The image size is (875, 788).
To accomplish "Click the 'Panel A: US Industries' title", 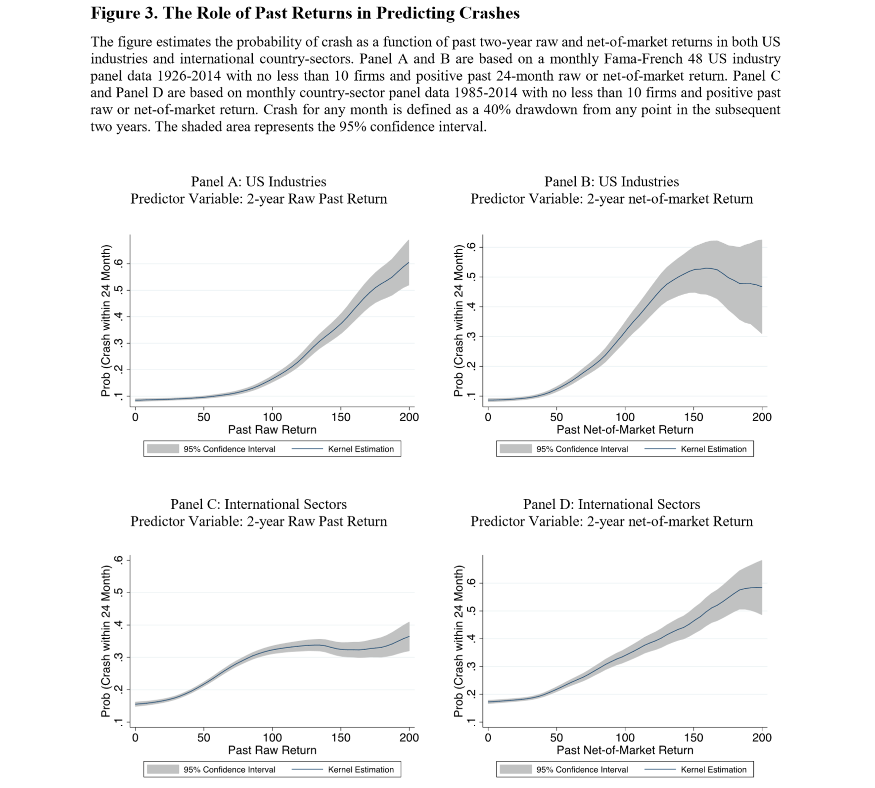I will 258,181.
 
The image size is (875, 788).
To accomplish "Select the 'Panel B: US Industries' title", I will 611,181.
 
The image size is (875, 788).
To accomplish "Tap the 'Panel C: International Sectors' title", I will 258,504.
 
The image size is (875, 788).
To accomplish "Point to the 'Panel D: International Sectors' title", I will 611,504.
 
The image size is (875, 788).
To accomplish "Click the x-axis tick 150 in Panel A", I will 341,417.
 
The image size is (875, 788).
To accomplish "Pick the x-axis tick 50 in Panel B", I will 556,417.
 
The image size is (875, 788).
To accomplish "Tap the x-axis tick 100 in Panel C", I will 272,738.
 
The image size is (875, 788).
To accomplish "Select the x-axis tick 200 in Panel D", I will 762,738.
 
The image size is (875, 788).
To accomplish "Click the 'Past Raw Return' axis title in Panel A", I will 272,430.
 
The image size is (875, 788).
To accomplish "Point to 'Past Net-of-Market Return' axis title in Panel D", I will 625,750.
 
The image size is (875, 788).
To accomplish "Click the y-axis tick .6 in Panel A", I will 118,263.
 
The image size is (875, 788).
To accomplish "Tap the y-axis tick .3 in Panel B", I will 471,337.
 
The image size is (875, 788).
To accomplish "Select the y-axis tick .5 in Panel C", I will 118,592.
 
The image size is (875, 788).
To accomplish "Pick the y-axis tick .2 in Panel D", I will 471,694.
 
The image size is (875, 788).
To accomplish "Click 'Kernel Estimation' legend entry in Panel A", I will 361,449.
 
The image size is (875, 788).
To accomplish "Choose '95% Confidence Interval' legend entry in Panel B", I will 582,449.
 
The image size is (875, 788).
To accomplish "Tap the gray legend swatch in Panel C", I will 163,770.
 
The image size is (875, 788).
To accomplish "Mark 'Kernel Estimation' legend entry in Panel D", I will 713,770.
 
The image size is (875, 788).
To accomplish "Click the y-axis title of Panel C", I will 105,641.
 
